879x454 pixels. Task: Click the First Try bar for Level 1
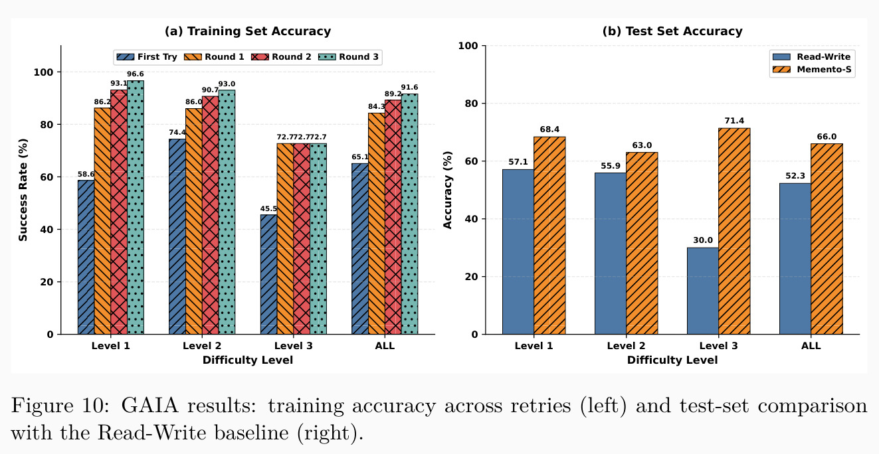tap(86, 257)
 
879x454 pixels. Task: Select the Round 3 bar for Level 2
tap(227, 212)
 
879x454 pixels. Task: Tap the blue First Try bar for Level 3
tap(269, 274)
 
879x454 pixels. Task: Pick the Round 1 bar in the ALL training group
tap(376, 224)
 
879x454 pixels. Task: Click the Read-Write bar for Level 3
tap(703, 291)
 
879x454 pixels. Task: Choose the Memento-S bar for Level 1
tap(549, 236)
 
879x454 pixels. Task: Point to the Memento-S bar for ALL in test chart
tap(827, 239)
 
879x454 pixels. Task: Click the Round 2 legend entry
tap(281, 57)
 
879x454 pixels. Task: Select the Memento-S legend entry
tap(812, 70)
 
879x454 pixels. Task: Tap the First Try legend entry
tap(147, 57)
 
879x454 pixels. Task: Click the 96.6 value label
tap(136, 74)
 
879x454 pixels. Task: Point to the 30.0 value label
tap(703, 240)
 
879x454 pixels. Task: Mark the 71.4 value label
tap(734, 121)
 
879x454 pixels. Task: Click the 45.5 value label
tap(269, 208)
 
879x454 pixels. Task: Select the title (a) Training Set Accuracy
tap(248, 31)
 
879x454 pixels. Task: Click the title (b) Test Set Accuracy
tap(672, 31)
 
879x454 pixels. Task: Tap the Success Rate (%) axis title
tap(23, 190)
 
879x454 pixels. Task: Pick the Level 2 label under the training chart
tap(202, 346)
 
